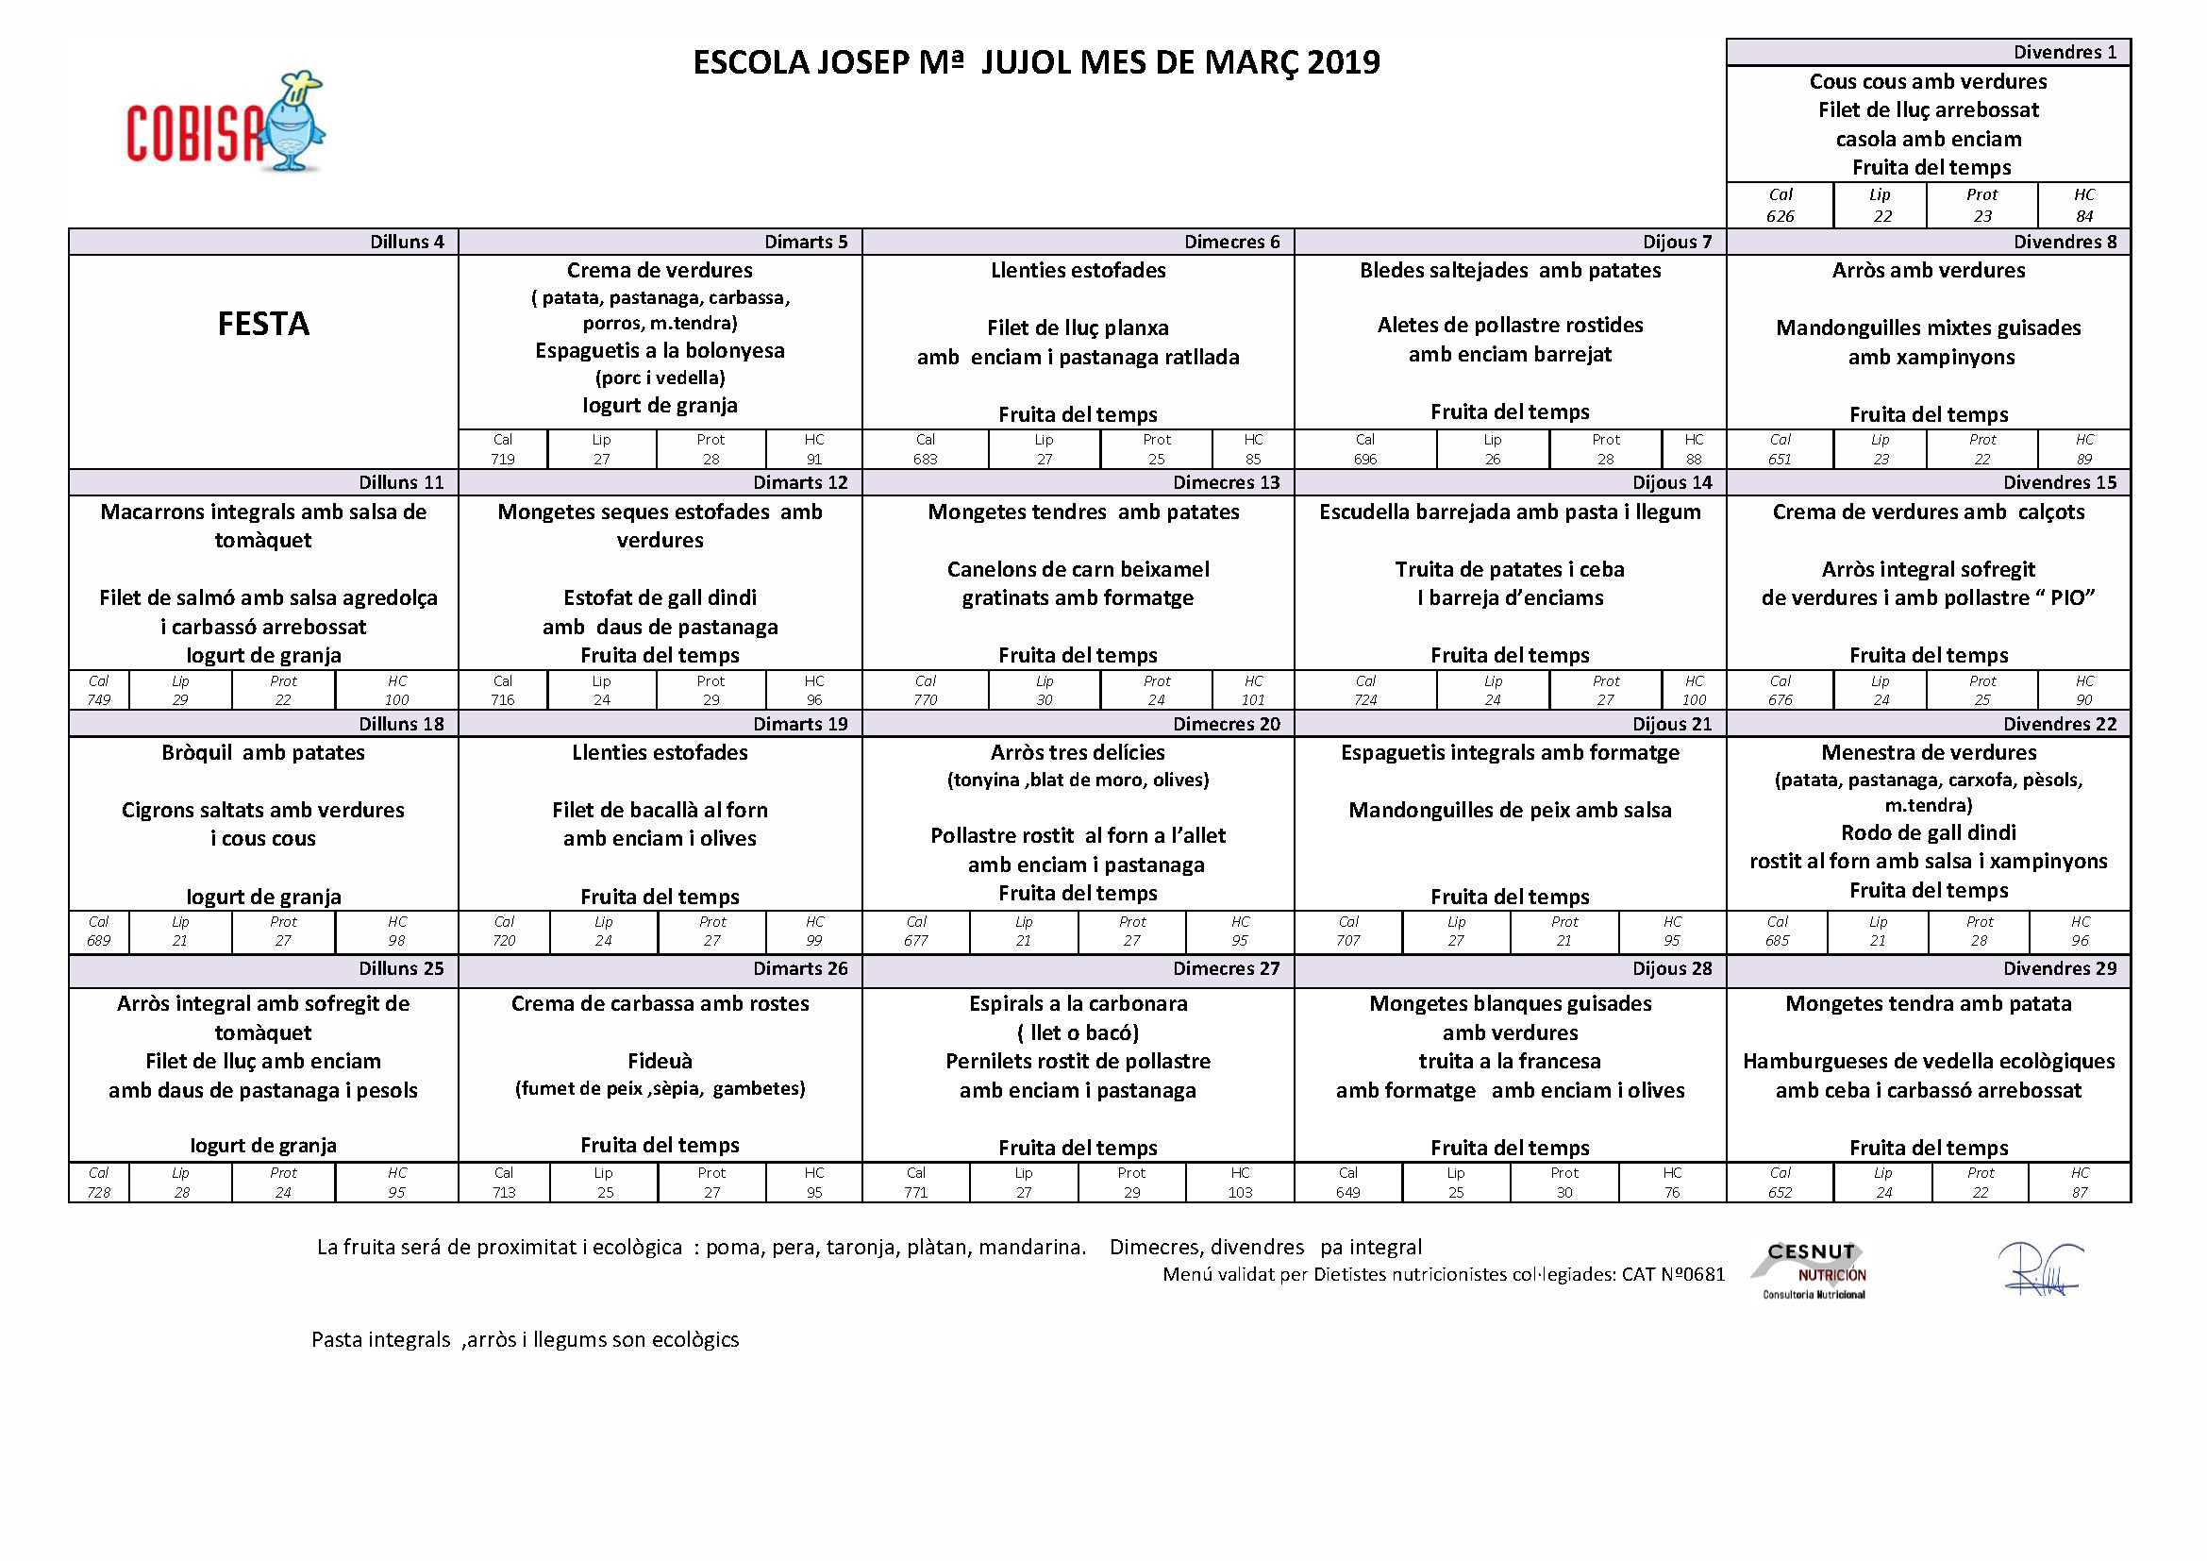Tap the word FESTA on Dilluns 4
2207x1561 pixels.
pyautogui.click(x=263, y=324)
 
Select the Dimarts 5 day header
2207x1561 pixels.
pyautogui.click(x=806, y=242)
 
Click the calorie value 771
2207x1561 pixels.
pyautogui.click(x=915, y=1192)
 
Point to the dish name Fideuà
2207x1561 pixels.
pyautogui.click(x=660, y=1060)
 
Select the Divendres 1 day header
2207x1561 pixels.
pyautogui.click(x=2065, y=52)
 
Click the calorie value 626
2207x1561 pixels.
pyautogui.click(x=1780, y=216)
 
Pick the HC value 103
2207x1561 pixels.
pyautogui.click(x=1240, y=1192)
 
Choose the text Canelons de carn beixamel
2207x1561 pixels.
pyautogui.click(x=1078, y=569)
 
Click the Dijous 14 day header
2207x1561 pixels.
pyautogui.click(x=1672, y=482)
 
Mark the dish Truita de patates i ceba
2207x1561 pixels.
pyautogui.click(x=1509, y=569)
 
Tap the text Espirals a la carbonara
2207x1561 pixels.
pyautogui.click(x=1078, y=1003)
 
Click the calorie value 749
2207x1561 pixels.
pyautogui.click(x=99, y=699)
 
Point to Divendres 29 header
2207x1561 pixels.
pyautogui.click(x=2059, y=968)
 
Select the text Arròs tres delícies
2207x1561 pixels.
pyautogui.click(x=1078, y=751)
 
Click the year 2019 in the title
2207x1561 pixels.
pyautogui.click(x=1343, y=62)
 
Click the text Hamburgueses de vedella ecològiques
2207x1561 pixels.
pyautogui.click(x=1929, y=1061)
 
